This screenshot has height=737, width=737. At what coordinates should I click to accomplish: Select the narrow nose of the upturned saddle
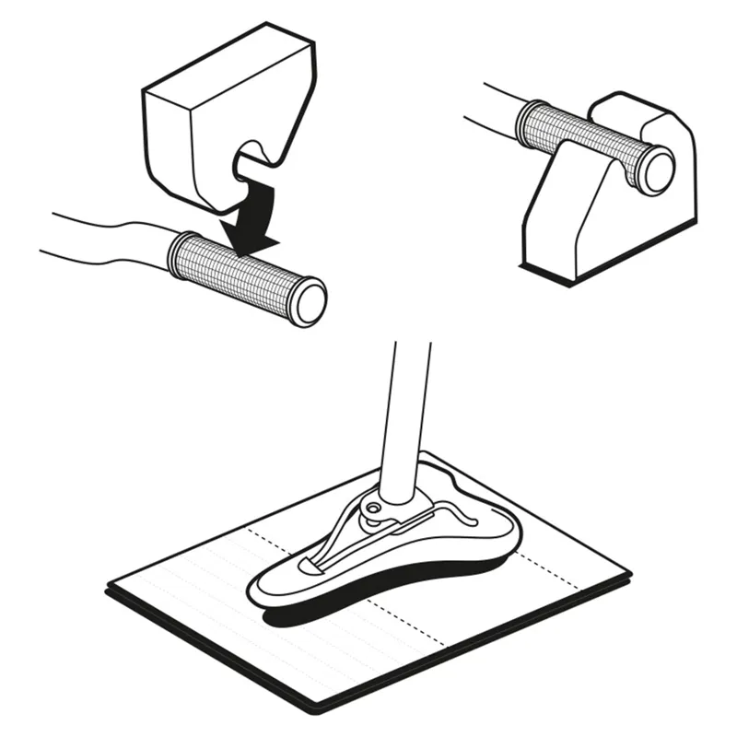pos(276,590)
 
